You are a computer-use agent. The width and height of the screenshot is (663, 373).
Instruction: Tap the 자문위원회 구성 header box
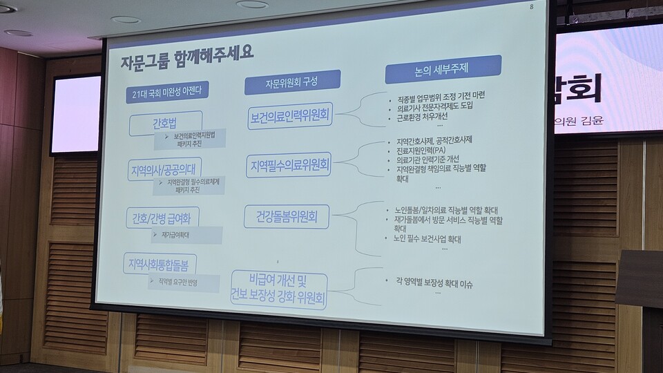(291, 82)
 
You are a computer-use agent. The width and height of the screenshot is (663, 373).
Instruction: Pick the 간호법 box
(165, 125)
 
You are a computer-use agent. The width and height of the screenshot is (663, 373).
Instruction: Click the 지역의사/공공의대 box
(164, 169)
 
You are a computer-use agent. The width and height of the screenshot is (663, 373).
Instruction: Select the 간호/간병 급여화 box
(162, 218)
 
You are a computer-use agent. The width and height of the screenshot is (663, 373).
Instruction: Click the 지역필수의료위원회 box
(289, 166)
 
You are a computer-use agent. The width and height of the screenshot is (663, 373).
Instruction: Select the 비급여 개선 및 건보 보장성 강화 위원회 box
(279, 289)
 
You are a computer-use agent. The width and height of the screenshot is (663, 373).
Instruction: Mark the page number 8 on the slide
(531, 8)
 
